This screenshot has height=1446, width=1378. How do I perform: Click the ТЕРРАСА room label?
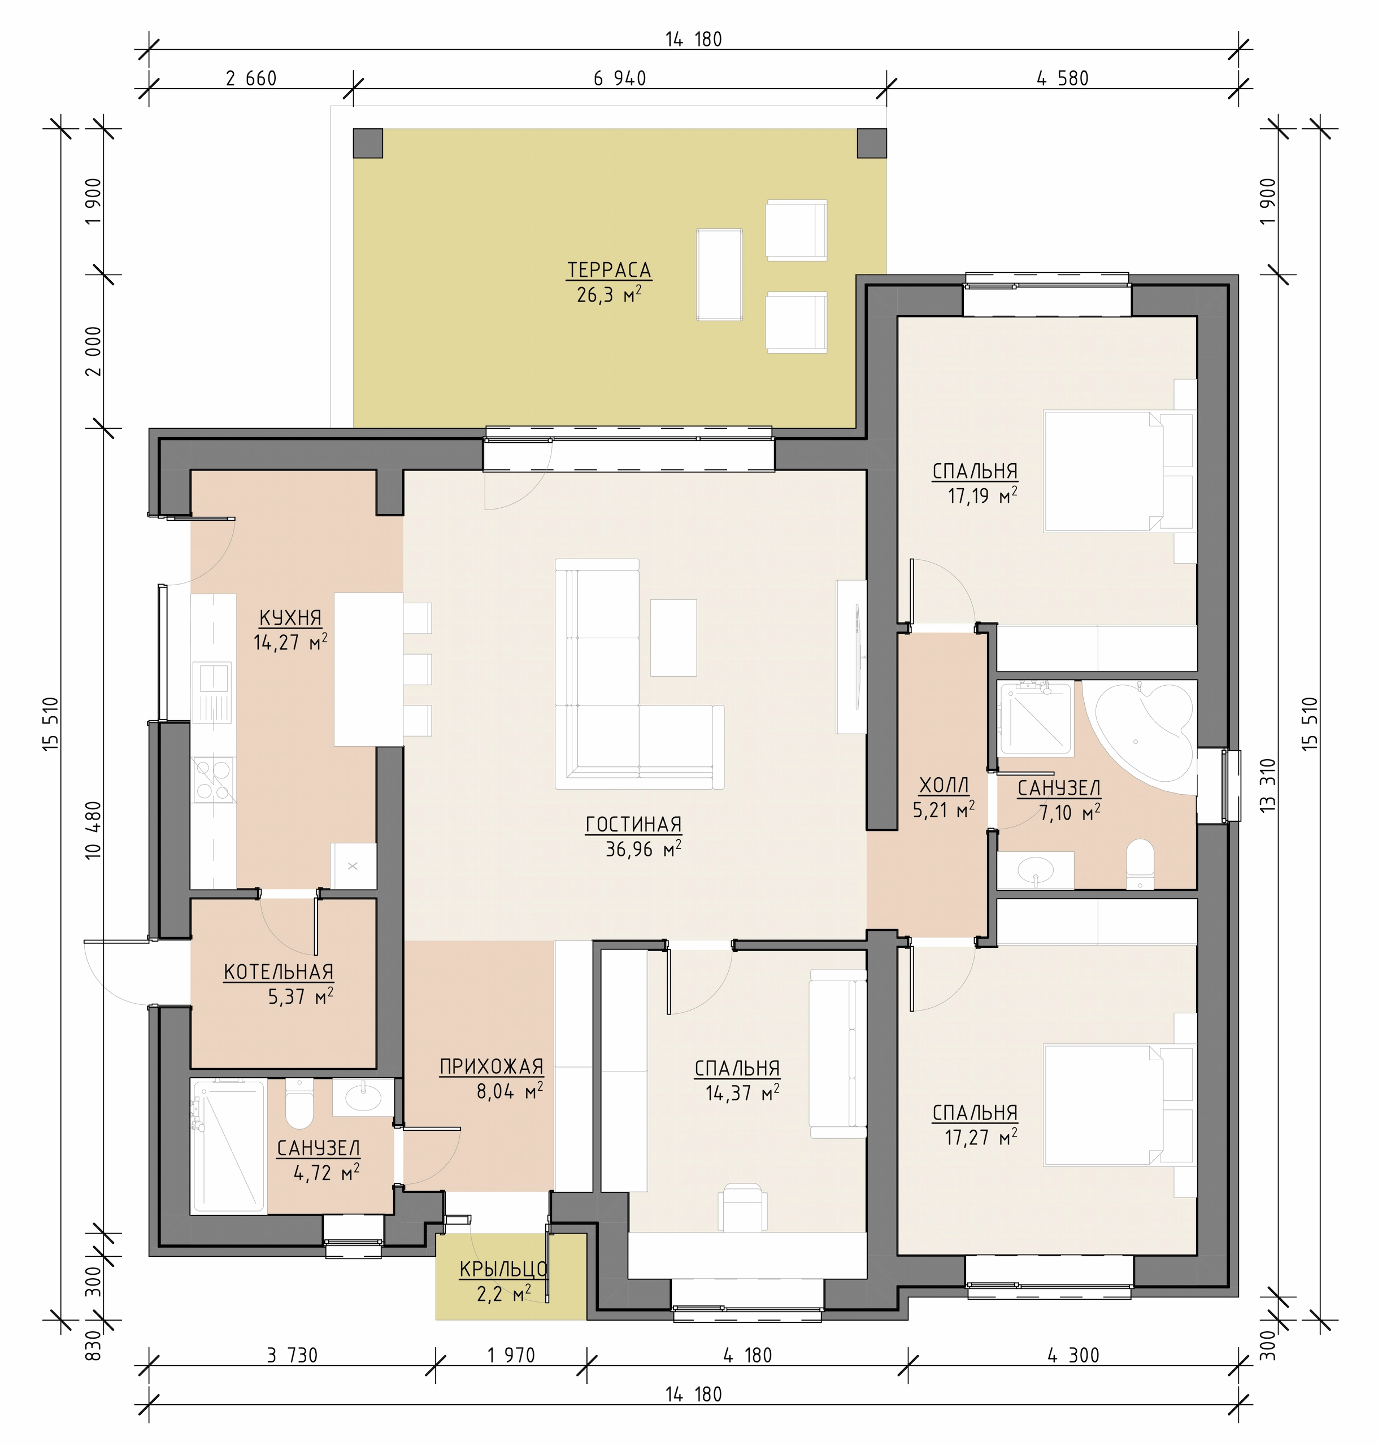click(x=609, y=270)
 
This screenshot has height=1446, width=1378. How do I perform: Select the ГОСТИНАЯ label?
click(x=633, y=825)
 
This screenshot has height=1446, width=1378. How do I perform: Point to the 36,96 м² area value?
click(x=643, y=850)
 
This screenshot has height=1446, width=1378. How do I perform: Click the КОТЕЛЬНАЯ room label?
click(x=279, y=972)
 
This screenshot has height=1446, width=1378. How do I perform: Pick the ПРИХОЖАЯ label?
click(x=492, y=1066)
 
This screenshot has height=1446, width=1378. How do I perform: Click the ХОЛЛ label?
click(x=944, y=786)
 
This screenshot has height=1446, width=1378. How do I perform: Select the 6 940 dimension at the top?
click(x=620, y=79)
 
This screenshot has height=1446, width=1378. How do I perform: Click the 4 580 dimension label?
click(x=1062, y=79)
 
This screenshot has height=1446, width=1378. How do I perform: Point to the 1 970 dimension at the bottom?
click(x=511, y=1356)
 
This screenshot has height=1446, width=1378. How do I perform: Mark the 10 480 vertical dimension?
click(x=93, y=830)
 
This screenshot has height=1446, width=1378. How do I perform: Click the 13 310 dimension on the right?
click(x=1268, y=785)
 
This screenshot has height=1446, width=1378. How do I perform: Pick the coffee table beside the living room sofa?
click(x=673, y=638)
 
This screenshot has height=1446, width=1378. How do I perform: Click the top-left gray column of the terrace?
click(x=368, y=143)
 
